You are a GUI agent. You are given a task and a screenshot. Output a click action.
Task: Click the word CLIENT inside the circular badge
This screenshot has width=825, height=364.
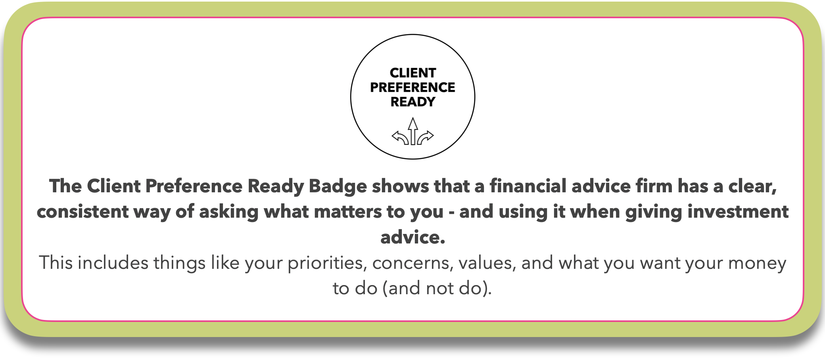point(412,73)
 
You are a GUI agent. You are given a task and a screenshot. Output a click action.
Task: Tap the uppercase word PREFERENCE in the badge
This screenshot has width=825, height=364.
point(412,87)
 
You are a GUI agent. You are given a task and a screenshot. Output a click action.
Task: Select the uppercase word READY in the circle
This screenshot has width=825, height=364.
point(412,102)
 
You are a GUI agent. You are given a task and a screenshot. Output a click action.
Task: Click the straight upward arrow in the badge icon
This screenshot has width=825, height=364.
point(413,131)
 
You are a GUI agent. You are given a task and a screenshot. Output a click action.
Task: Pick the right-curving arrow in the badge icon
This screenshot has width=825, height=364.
point(426,138)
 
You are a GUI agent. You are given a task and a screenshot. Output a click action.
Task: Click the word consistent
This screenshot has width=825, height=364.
point(82,212)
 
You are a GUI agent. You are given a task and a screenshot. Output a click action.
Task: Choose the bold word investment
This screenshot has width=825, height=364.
point(738,211)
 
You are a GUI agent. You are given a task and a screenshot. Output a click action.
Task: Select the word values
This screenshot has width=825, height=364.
point(487,263)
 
